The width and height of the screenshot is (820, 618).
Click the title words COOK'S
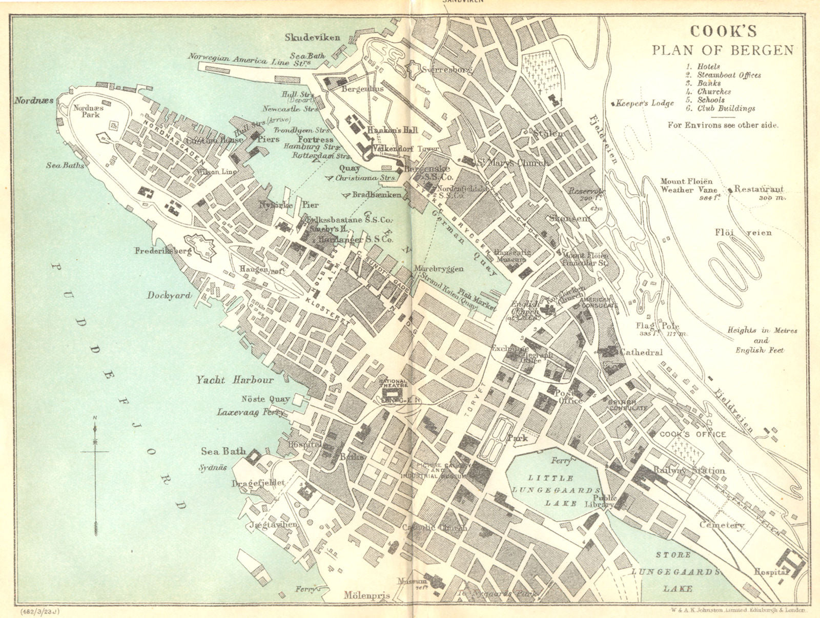point(723,32)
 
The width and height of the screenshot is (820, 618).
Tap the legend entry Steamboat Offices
point(729,75)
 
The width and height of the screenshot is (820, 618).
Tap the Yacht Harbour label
point(234,380)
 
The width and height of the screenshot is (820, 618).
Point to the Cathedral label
point(641,353)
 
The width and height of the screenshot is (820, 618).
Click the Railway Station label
point(689,470)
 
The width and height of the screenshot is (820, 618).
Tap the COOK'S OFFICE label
point(692,435)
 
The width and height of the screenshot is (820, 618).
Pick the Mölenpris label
point(367,596)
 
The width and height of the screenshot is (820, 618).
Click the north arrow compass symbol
point(95,451)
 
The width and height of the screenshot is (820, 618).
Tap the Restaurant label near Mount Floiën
point(758,189)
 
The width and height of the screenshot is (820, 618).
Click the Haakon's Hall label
point(392,131)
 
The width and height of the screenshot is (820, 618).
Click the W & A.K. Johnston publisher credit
point(738,610)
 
